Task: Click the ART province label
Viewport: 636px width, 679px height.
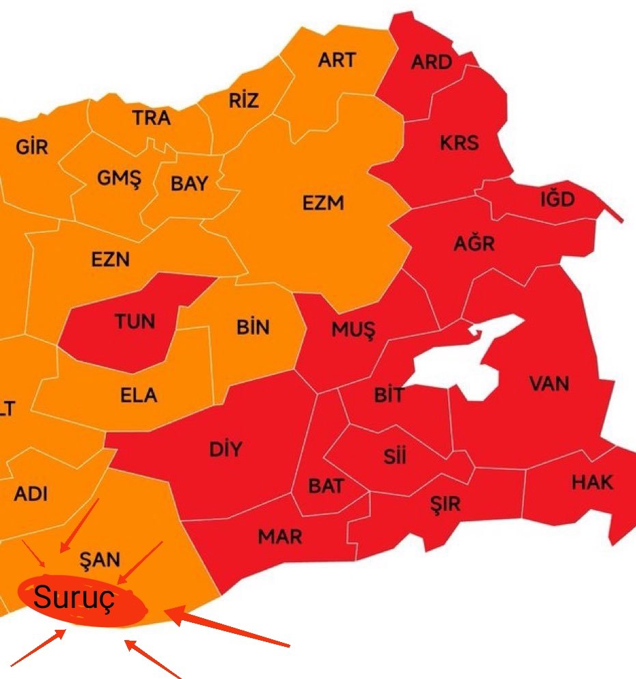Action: point(337,60)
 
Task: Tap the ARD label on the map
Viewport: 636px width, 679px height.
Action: point(431,62)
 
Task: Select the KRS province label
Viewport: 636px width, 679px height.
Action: point(459,143)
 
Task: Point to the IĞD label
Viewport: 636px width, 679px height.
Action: point(557,200)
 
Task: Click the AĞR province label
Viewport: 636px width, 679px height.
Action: point(474,243)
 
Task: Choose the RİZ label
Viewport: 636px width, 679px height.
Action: point(244,101)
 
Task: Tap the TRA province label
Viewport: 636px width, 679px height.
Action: point(152,118)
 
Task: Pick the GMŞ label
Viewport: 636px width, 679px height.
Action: point(119,179)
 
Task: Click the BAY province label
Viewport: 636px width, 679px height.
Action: point(189,184)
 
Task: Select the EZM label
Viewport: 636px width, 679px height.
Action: point(323,203)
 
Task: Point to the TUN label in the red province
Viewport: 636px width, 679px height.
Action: point(135,321)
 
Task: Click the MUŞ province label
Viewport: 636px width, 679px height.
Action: point(353,330)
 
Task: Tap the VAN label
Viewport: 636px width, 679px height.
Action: point(549,383)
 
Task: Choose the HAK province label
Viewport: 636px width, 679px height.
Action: point(592,483)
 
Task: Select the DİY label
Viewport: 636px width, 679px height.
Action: point(225,449)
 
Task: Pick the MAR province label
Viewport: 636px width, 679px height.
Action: point(280,536)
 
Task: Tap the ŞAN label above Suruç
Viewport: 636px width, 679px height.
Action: point(100,560)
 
